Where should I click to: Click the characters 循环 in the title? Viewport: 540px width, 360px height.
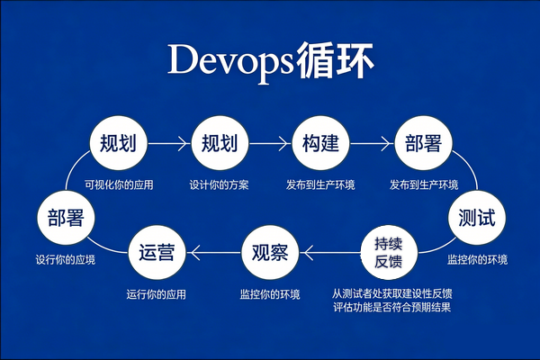[337, 60]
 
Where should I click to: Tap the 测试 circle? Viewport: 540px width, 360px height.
[476, 218]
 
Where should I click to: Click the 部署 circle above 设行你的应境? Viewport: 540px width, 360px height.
[66, 218]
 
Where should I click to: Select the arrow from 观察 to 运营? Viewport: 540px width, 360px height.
[213, 252]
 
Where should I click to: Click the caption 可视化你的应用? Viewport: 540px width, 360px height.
[118, 185]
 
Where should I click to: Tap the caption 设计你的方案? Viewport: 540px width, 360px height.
[219, 185]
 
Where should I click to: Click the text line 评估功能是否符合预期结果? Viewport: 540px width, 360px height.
[391, 308]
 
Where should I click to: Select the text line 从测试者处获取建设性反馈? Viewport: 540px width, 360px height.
[391, 293]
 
